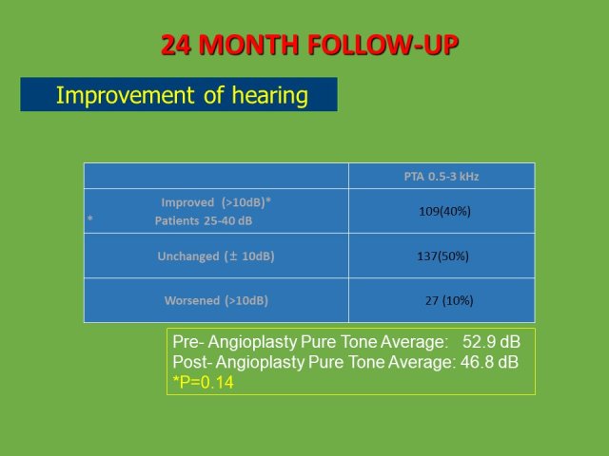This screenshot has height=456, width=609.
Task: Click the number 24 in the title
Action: tap(176, 45)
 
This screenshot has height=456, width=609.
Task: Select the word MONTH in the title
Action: tap(248, 45)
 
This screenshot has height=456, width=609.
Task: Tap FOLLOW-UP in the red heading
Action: tap(383, 45)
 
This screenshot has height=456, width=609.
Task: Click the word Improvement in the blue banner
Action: tap(125, 95)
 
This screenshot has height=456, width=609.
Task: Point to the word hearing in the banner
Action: tap(270, 96)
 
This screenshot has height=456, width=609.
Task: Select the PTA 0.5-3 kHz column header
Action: tap(442, 177)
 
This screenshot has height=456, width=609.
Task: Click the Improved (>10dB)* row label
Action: tap(216, 202)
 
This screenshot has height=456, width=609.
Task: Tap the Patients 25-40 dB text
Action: tap(204, 220)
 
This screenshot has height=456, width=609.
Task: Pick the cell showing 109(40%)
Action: tap(444, 211)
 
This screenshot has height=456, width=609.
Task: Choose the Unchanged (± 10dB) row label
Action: tap(216, 256)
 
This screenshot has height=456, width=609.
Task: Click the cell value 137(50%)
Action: tap(442, 256)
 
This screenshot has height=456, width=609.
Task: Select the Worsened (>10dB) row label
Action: tap(216, 300)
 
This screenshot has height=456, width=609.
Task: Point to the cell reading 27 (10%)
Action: tap(449, 300)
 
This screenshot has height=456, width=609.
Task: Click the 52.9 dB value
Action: tap(491, 342)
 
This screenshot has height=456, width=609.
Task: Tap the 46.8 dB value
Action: tap(489, 362)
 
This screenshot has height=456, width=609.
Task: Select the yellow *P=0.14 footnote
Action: tap(203, 382)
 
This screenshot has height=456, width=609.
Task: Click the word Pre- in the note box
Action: tap(188, 342)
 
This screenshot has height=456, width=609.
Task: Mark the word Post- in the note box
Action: tap(192, 362)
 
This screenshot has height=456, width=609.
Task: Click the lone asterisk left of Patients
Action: tap(90, 218)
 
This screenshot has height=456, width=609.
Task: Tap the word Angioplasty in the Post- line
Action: tap(260, 363)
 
